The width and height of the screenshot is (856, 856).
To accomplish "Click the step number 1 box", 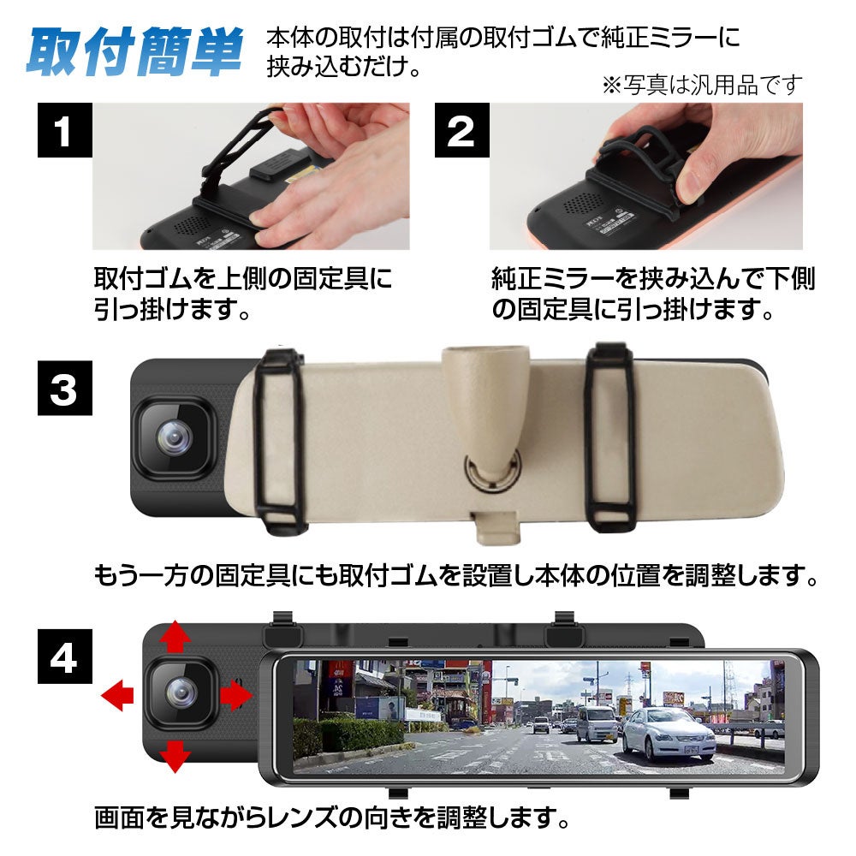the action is point(64,130).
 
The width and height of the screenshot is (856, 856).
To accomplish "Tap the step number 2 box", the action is point(462,130).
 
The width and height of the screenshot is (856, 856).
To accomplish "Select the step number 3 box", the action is point(64,388).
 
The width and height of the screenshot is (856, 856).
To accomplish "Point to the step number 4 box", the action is point(64,657).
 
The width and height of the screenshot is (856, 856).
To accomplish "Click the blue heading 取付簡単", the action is point(134,52).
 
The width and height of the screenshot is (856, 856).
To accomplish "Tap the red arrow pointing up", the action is point(175,635).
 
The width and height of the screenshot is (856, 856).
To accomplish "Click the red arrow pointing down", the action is point(175,756).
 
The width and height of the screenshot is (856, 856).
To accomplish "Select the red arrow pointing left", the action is point(117,695).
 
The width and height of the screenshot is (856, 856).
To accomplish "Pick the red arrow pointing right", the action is point(236,695).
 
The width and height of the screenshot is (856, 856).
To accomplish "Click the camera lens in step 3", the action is point(174,438).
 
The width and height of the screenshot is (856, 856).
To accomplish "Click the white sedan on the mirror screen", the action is point(669,733).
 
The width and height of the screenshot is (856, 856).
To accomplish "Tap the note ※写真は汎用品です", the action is point(703,85).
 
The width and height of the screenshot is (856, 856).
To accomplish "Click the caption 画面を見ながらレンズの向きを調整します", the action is point(332,817).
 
